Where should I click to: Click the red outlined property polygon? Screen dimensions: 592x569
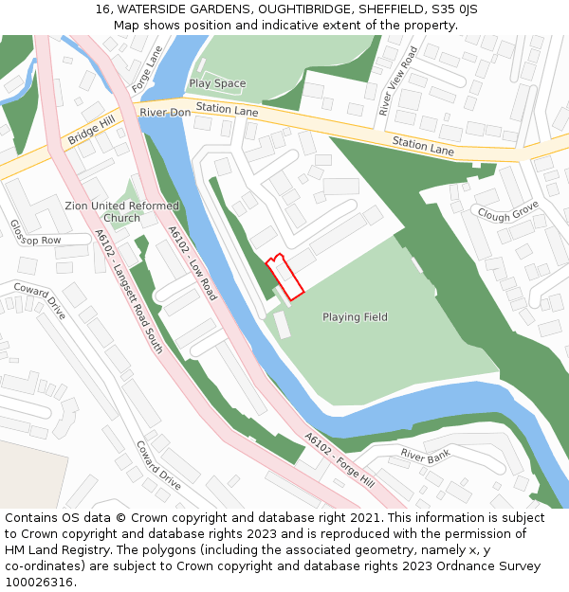[x=284, y=277]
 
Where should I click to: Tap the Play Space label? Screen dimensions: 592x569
[x=217, y=83]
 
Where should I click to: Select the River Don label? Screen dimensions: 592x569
[x=165, y=113]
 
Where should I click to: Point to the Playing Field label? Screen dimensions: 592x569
[x=355, y=317]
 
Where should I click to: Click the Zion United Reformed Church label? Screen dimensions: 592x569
[x=121, y=212]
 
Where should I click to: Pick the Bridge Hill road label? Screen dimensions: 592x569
[x=90, y=132]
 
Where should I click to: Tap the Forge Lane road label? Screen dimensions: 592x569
[x=147, y=69]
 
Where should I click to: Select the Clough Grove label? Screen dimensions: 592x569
[x=507, y=210]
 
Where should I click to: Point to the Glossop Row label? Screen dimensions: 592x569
[x=35, y=233]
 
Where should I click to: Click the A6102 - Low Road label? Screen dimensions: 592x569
[x=193, y=263]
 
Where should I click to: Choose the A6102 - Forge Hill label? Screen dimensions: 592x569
[x=340, y=460]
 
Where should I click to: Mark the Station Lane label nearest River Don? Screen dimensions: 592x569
[x=228, y=111]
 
